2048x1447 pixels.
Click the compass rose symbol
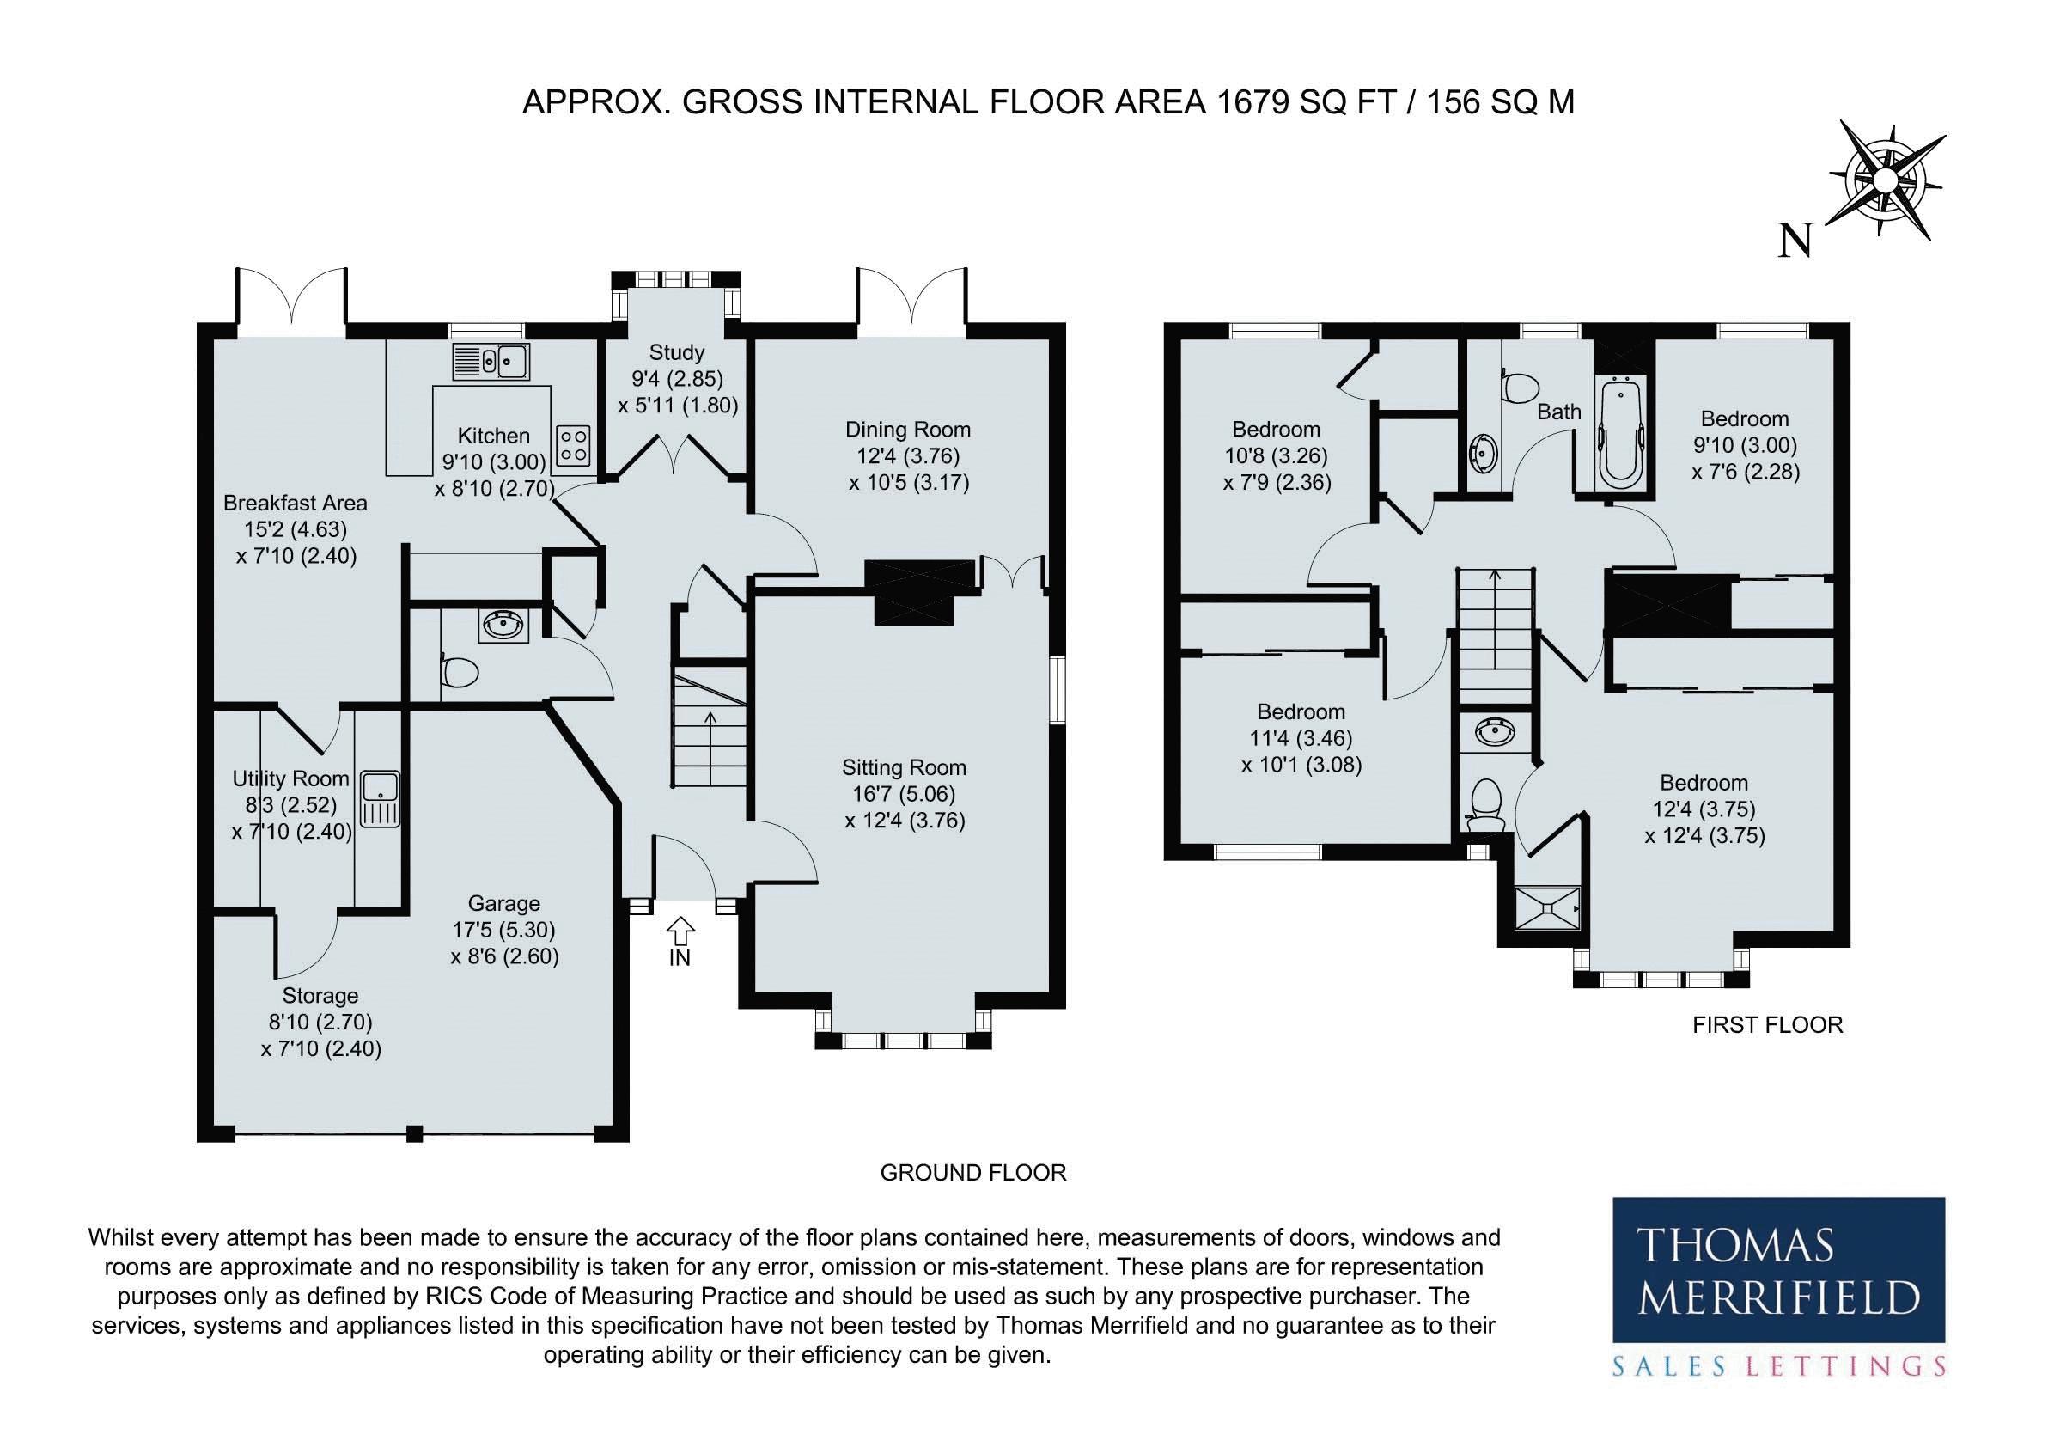(1883, 181)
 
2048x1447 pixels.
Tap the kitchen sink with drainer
(491, 361)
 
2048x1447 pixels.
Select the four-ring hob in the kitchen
(574, 445)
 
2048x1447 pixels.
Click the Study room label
(676, 352)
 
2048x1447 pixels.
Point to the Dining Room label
(908, 430)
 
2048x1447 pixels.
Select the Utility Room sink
(381, 798)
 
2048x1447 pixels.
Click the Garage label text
(504, 904)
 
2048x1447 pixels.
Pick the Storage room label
(320, 996)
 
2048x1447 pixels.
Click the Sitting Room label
(905, 767)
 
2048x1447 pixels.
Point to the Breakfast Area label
(296, 504)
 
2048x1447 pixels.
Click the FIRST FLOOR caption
(1768, 1025)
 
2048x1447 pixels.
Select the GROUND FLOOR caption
(973, 1172)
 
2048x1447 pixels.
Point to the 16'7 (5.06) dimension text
(905, 794)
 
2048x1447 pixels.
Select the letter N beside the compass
(1796, 240)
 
